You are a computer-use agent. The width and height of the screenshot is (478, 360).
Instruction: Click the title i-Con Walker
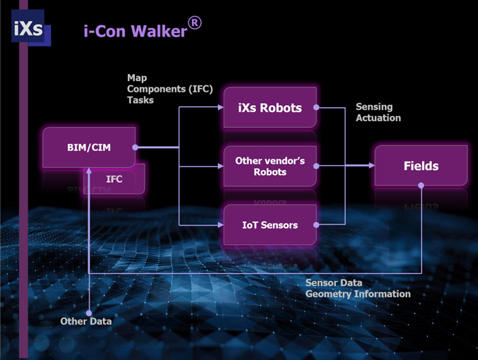click(135, 31)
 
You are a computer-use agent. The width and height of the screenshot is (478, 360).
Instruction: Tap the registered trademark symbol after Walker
click(195, 23)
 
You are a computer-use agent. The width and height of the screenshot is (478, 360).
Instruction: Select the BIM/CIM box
click(89, 148)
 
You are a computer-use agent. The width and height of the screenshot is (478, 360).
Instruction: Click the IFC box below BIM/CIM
click(114, 179)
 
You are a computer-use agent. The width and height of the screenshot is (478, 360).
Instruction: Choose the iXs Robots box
click(270, 108)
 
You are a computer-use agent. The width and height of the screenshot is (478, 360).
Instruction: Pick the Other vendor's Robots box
click(270, 166)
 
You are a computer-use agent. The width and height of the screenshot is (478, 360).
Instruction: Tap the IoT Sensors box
click(270, 225)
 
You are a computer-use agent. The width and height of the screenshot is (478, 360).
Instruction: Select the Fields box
click(421, 166)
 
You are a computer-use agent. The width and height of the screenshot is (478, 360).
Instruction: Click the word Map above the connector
click(137, 78)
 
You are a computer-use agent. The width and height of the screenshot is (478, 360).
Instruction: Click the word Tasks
click(140, 100)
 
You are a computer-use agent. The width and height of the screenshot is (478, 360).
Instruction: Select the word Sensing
click(374, 106)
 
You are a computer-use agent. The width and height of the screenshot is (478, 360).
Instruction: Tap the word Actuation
click(378, 118)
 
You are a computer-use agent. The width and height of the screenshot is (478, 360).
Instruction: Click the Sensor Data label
click(334, 283)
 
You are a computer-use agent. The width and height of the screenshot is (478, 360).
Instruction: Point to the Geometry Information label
click(358, 294)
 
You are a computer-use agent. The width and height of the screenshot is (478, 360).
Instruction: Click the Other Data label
click(86, 321)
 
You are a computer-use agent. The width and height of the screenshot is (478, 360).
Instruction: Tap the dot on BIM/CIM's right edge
click(135, 147)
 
